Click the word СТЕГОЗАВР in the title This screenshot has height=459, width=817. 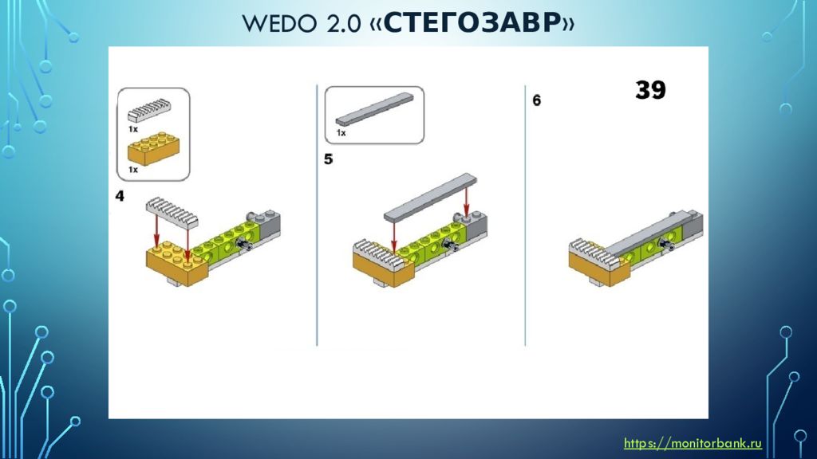click(472, 23)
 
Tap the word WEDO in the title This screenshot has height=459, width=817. click(279, 24)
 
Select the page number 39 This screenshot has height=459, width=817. click(650, 90)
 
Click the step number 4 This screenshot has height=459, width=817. click(120, 196)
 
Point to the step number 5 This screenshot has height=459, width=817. click(328, 159)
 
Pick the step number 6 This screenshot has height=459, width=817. click(537, 100)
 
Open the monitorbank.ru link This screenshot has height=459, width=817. click(693, 443)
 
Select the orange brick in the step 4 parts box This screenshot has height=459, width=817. click(154, 149)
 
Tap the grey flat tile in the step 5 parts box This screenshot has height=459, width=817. click(374, 109)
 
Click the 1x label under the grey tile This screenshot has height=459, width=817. click(341, 133)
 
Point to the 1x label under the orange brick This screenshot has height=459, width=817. click(133, 170)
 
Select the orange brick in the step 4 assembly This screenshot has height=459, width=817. click(177, 263)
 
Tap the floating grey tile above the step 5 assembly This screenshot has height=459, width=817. click(430, 198)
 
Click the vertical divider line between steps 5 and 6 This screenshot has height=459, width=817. click(525, 215)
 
